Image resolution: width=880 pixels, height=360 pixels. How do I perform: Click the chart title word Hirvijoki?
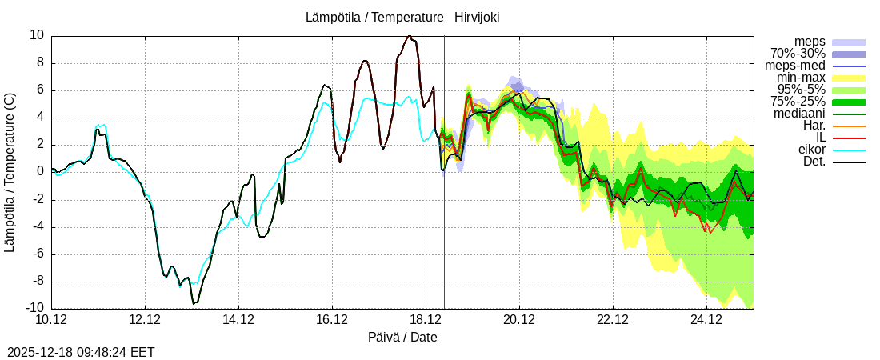click(477, 17)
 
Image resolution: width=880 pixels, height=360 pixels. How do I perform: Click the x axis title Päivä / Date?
click(402, 338)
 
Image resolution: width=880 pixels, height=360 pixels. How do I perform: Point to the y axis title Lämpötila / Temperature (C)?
click(10, 172)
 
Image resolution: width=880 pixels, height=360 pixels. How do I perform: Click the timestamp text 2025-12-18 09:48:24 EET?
click(81, 352)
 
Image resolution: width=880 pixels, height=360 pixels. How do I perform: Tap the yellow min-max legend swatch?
click(849, 78)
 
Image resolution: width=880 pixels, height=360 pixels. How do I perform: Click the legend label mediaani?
click(799, 114)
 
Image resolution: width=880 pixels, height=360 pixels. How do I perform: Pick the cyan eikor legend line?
click(849, 150)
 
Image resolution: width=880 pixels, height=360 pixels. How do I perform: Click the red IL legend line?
click(849, 138)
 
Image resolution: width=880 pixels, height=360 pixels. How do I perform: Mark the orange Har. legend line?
click(849, 126)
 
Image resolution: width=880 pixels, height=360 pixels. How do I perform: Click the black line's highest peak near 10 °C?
click(409, 35)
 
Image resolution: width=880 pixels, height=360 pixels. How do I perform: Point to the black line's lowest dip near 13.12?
click(194, 303)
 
